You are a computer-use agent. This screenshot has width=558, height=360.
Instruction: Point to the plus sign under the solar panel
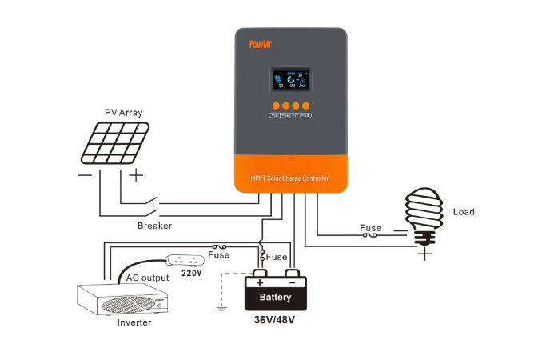point(137,174)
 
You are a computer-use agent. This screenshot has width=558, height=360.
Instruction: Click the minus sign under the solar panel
point(83,174)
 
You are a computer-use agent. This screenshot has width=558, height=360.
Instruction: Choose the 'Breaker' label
point(154,226)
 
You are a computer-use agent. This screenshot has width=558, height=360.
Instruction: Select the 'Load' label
point(464,212)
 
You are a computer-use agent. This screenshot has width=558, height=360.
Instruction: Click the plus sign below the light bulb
point(425,254)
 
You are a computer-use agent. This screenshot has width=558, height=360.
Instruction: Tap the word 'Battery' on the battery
point(275,298)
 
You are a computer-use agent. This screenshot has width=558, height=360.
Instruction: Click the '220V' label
point(191,272)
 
